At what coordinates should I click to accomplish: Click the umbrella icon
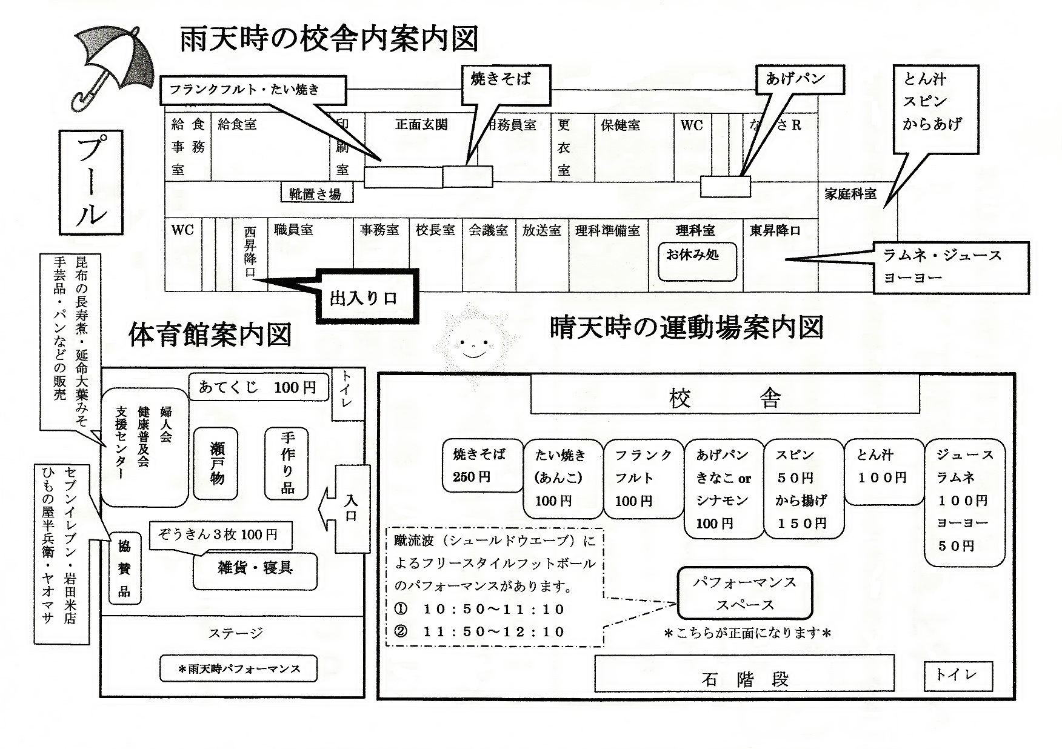tap(112, 67)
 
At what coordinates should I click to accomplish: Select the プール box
tap(91, 182)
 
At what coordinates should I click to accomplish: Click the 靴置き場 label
tap(316, 193)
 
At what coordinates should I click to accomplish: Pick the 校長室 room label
tap(435, 230)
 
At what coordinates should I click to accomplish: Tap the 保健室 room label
tap(621, 125)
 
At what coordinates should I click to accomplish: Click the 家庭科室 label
tap(850, 194)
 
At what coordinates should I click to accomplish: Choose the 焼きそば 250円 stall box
tap(482, 464)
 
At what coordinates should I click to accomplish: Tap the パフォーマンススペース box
tap(744, 593)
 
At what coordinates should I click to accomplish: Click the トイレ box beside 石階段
tap(958, 675)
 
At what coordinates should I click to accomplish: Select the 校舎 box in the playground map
tap(724, 397)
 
